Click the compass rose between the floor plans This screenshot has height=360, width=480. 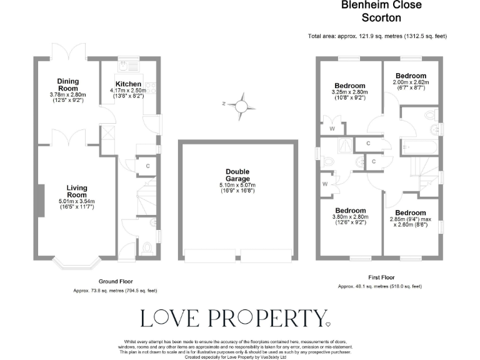click(245, 107)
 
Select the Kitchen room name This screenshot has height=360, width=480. click(128, 84)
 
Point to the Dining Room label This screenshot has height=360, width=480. click(68, 85)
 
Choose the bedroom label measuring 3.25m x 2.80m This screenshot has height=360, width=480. click(349, 86)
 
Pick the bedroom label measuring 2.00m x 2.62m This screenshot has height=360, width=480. click(410, 76)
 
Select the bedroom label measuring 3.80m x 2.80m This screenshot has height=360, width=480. click(349, 211)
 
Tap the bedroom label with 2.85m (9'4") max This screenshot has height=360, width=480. click(410, 213)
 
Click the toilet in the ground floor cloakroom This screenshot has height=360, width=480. click(147, 248)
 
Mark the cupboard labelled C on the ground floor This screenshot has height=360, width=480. click(147, 166)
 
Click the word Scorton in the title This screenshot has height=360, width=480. click(381, 19)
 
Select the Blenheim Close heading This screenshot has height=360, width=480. click(381, 6)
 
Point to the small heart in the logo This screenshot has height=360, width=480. click(329, 324)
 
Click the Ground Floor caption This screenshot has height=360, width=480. click(116, 282)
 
